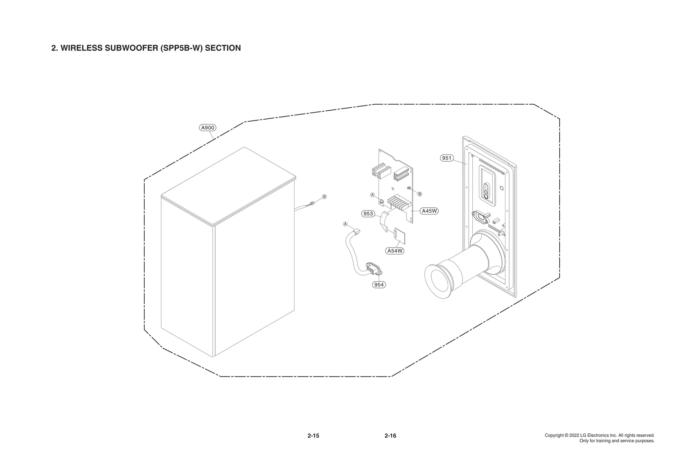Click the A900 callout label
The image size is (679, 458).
point(208,128)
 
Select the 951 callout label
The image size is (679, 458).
point(447,158)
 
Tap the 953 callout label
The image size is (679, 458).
point(368,214)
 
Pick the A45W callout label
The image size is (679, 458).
point(429,211)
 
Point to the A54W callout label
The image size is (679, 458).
point(395,251)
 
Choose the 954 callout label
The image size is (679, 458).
point(379,285)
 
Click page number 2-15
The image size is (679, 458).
point(313,436)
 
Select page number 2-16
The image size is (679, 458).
point(390,436)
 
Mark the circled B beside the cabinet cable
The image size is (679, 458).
point(324,197)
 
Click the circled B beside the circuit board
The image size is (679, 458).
point(420,194)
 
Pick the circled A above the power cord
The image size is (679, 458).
point(345,223)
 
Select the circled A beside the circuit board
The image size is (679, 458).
point(372,195)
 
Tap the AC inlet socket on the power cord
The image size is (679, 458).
point(373,268)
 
